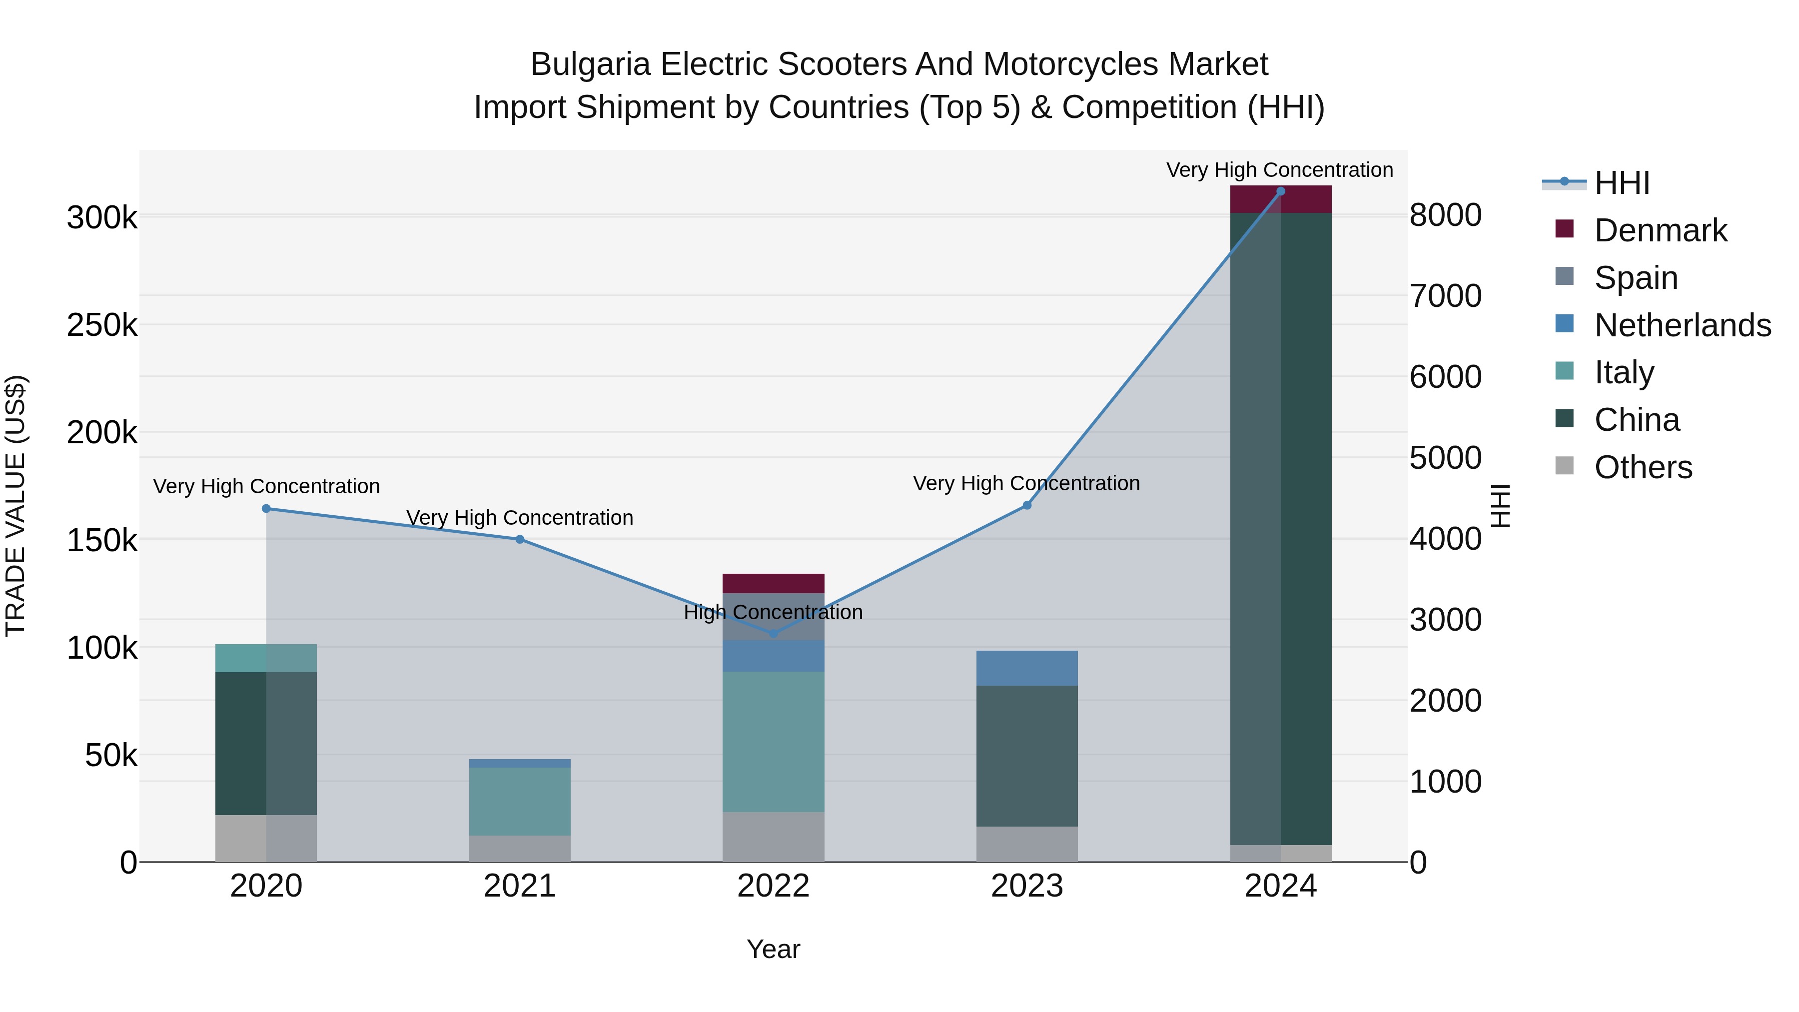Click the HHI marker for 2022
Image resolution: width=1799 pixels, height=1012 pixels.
click(773, 634)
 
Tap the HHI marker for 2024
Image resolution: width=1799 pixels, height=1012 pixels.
click(1280, 191)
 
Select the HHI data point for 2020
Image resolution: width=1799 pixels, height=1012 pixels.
click(266, 508)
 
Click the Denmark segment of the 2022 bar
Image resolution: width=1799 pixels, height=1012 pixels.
click(773, 583)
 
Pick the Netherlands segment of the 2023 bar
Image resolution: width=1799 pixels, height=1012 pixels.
click(1026, 668)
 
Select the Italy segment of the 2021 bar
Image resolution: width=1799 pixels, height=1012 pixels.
click(520, 801)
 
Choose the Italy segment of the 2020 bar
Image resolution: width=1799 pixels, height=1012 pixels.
click(266, 658)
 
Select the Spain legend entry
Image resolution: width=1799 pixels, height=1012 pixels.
click(1636, 278)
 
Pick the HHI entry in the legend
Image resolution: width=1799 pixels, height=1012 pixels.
click(1622, 183)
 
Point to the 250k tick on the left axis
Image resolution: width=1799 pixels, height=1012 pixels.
click(102, 325)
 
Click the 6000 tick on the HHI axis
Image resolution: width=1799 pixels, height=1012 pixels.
click(1445, 377)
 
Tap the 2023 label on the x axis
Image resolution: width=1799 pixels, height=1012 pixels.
click(1026, 886)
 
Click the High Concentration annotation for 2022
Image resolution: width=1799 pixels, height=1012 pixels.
click(773, 613)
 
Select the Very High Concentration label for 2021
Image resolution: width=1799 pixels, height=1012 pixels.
click(520, 518)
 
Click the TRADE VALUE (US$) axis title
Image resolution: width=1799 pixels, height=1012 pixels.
click(15, 506)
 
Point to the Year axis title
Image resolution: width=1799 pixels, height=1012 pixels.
click(773, 949)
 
